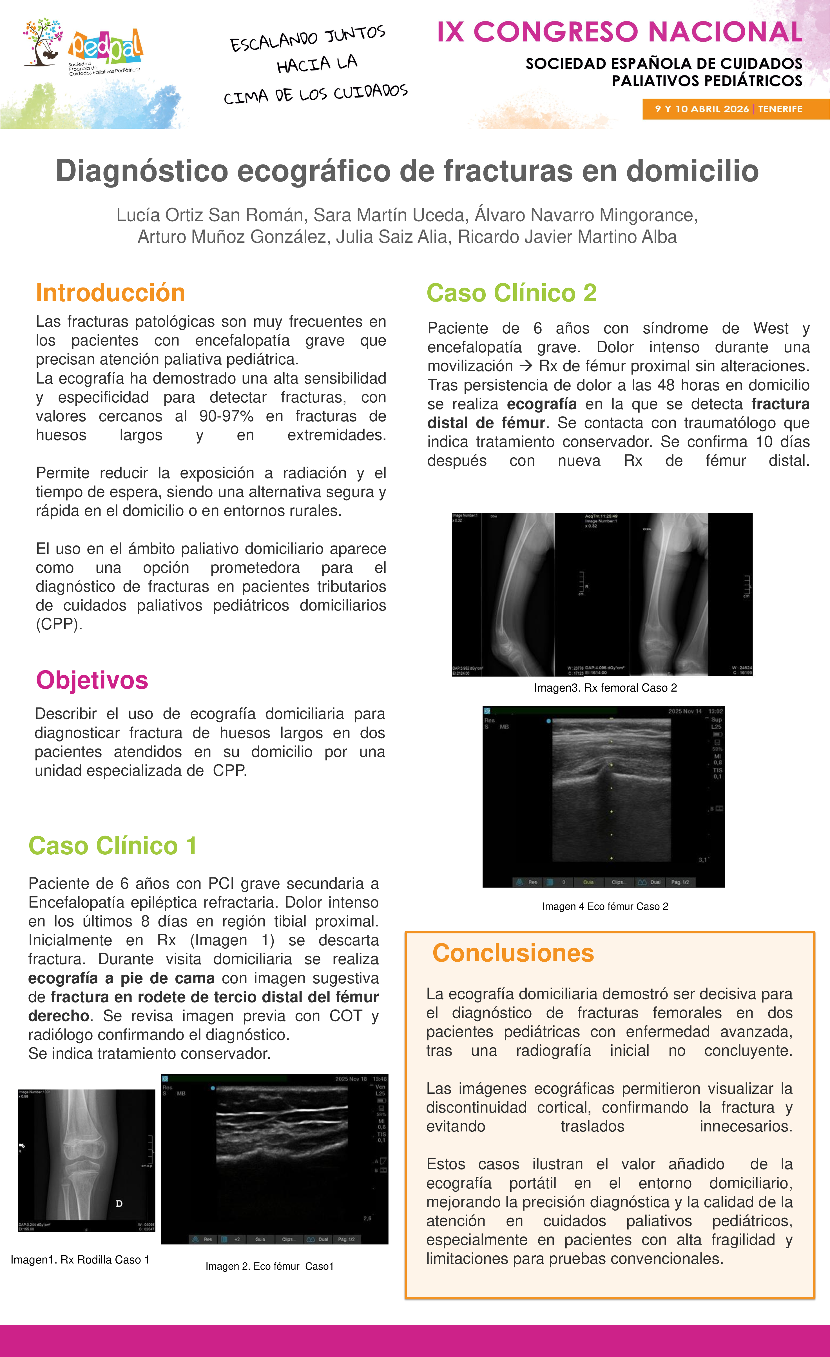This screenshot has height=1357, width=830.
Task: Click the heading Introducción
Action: (x=110, y=293)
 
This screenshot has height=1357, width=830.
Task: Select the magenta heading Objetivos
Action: (x=92, y=680)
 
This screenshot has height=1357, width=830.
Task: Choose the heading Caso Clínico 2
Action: (x=511, y=293)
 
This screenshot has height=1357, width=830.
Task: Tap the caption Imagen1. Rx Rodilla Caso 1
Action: (x=80, y=1260)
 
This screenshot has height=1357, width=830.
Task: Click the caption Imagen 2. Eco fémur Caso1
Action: (x=269, y=1266)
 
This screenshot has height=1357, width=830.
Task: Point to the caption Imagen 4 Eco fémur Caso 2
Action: (x=605, y=906)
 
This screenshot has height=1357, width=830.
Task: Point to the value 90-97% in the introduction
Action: (x=226, y=416)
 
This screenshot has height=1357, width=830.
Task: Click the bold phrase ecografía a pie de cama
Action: (x=121, y=978)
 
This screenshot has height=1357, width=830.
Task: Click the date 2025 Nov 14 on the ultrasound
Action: (x=685, y=711)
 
